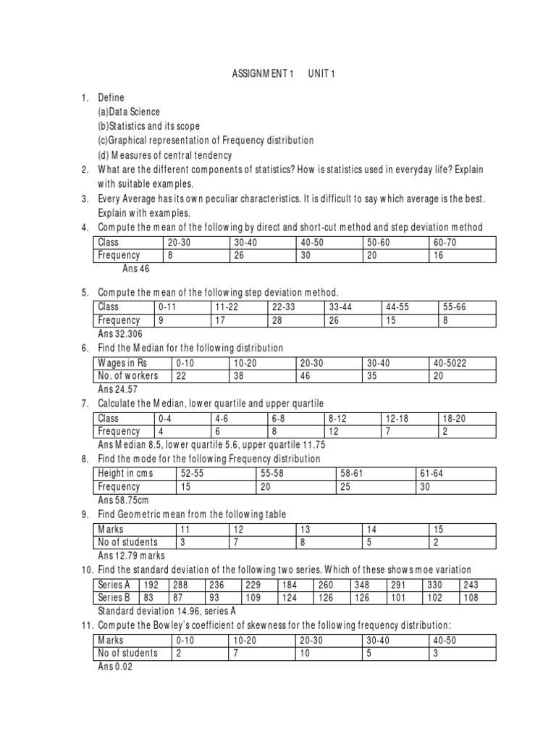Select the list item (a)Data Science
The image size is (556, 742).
tap(129, 112)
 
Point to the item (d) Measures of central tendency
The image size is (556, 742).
tap(165, 155)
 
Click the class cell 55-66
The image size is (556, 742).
tap(455, 307)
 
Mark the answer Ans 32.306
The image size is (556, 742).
tap(119, 334)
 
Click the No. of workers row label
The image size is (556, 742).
tap(127, 375)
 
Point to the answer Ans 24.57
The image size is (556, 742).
tap(117, 389)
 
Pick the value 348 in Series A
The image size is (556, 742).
tap(362, 585)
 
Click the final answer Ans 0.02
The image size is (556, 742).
tap(115, 667)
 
